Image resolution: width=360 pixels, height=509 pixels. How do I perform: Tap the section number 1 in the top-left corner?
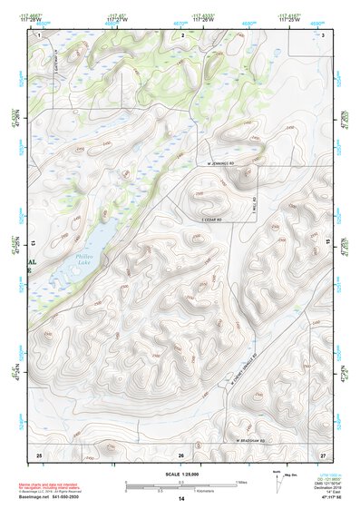pos(41,34)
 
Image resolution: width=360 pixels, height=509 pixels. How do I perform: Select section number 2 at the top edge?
pos(182,34)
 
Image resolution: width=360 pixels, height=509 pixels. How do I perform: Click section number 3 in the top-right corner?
pos(323,34)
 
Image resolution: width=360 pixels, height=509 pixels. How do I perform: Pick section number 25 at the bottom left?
pos(39,454)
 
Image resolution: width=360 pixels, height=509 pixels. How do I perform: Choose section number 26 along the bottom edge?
pos(181,454)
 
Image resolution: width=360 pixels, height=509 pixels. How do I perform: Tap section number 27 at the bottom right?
pos(322,454)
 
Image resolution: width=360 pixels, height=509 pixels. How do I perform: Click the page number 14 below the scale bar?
pos(181,498)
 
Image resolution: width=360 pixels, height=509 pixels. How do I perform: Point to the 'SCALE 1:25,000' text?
pos(180,475)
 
